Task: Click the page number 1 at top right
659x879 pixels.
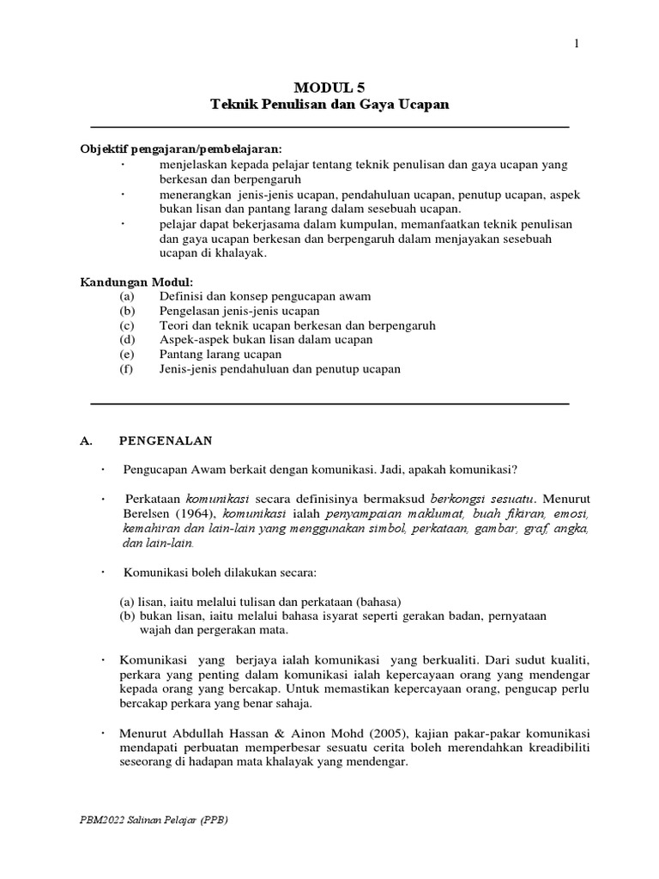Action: [577, 45]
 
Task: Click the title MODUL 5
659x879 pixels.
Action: [329, 87]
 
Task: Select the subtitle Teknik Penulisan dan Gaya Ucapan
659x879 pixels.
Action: [329, 104]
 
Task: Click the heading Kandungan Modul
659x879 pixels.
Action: [136, 282]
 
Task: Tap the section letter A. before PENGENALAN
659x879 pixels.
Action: [85, 440]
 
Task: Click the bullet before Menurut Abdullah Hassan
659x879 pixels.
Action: [103, 731]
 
